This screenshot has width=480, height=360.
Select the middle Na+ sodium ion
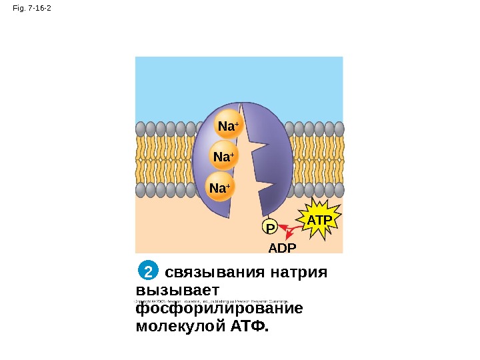(225, 157)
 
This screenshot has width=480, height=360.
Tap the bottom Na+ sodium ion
(220, 188)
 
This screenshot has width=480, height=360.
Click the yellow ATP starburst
(320, 219)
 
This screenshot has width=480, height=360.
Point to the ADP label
(281, 248)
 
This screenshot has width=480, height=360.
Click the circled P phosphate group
(270, 227)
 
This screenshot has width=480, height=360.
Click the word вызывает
(173, 291)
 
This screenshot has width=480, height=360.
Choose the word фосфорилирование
(219, 309)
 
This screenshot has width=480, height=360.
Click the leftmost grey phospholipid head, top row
(140, 129)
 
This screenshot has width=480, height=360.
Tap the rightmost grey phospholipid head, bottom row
(339, 190)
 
